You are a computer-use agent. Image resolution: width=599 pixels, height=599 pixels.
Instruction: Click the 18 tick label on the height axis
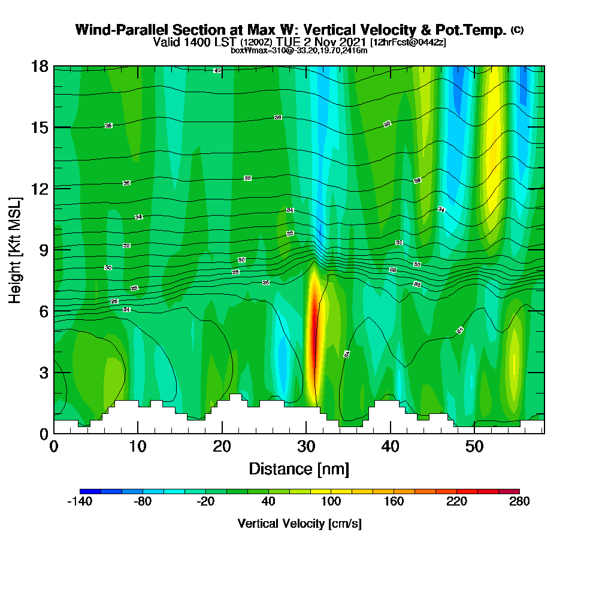coord(40,66)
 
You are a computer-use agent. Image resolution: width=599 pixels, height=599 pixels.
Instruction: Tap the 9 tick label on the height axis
coord(43,249)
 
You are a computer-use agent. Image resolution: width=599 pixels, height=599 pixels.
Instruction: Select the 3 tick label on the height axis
coord(43,372)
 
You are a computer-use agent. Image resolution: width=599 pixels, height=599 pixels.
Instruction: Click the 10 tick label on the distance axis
coord(138,446)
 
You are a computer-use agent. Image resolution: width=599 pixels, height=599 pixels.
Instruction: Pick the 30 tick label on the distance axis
coord(306,446)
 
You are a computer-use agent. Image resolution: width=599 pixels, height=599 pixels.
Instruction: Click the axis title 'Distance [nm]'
coord(299,468)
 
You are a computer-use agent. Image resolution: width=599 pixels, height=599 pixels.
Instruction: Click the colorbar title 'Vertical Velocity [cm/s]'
coord(299,524)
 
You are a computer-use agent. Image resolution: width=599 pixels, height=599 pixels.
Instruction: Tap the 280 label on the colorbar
coord(519,502)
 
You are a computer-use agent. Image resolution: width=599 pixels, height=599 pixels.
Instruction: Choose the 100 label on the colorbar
coord(331,502)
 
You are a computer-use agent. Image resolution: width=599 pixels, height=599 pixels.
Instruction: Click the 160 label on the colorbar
coord(394,502)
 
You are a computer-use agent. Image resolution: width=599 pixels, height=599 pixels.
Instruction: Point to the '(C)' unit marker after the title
coord(517,30)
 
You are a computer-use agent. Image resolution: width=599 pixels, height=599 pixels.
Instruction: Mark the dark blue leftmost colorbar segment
coord(90,491)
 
